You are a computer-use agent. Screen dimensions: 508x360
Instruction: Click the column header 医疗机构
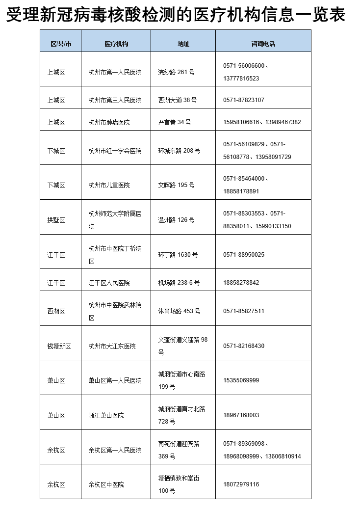116,44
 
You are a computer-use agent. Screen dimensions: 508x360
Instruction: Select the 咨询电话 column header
263,44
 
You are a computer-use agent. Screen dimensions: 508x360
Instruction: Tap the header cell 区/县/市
61,44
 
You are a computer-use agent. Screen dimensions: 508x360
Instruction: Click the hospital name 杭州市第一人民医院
115,72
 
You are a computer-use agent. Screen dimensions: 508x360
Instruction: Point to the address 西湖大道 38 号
177,100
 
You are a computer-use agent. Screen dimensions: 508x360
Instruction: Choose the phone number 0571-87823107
243,100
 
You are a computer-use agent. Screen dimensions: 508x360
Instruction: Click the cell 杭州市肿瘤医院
109,122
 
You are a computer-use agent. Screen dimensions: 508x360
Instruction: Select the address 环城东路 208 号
179,151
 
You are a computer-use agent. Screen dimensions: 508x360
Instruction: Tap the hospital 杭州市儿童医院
109,185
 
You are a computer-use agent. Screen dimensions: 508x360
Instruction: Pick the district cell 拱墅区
56,220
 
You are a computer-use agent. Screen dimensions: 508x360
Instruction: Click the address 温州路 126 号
176,220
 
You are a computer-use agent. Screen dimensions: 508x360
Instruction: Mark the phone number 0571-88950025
243,255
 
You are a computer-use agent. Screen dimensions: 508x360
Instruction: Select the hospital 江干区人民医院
109,283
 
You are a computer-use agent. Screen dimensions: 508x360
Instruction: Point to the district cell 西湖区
56,311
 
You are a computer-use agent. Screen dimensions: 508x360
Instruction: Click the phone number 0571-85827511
243,311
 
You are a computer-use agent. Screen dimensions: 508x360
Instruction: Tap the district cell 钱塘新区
59,346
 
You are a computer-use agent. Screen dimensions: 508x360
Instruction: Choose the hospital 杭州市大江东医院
112,346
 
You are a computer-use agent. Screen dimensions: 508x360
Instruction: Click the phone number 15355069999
241,380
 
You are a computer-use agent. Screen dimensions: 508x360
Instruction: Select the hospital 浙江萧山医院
106,415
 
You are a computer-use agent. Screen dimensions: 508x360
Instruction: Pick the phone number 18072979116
241,484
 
